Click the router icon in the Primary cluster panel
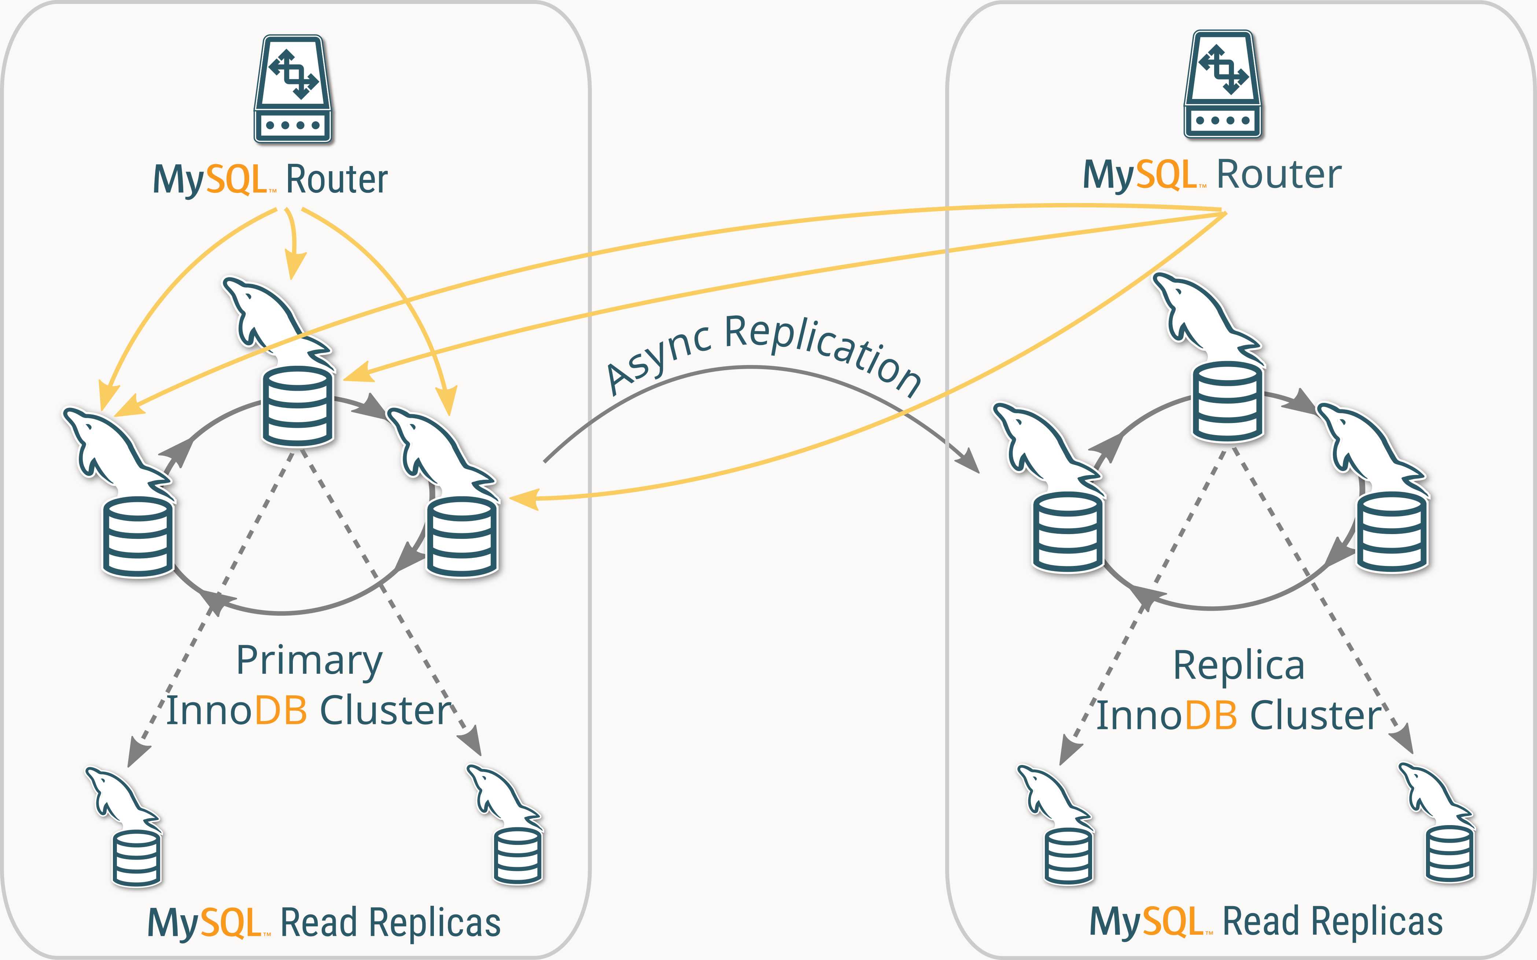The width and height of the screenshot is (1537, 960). (293, 89)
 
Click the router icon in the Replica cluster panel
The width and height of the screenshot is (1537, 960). (1223, 84)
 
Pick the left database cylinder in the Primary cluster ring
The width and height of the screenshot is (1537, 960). (138, 537)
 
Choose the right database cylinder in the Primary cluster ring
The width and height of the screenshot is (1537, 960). (462, 537)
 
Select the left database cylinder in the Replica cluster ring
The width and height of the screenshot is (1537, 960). (1068, 532)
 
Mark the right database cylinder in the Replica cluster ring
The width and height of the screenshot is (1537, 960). (1392, 532)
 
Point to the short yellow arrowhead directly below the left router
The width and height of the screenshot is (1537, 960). (294, 264)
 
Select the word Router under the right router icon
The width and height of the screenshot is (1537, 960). (1279, 174)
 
